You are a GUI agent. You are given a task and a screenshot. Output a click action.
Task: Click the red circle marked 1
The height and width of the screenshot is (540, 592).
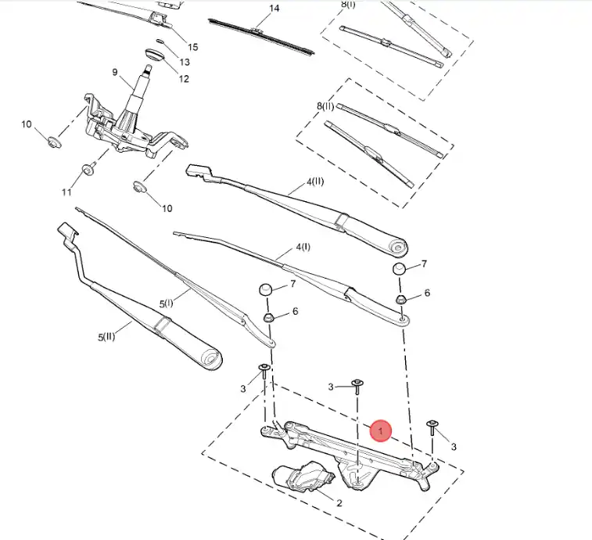point(381,430)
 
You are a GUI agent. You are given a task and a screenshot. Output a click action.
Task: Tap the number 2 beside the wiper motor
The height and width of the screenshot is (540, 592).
point(339,503)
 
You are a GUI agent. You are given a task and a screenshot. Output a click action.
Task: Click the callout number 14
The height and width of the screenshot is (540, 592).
point(274,8)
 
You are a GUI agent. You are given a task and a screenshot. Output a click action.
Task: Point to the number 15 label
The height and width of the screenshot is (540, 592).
point(192,47)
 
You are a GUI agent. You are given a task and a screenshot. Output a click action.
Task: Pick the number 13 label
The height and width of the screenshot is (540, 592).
point(185,62)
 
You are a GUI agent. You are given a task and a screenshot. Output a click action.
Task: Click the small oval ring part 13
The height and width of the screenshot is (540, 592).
point(160,41)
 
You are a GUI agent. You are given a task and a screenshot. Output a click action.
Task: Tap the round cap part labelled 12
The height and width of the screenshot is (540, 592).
point(155,55)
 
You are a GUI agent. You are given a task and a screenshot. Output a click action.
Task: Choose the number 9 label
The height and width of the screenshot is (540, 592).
point(115,72)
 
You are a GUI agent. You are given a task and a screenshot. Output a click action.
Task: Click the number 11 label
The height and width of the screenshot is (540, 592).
point(66,193)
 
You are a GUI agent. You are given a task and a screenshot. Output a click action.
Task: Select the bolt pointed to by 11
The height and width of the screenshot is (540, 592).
point(88,170)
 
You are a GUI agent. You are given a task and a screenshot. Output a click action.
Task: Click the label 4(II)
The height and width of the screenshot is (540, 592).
point(315,182)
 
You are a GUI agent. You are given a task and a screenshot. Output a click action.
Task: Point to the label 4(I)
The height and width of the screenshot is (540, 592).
point(303,247)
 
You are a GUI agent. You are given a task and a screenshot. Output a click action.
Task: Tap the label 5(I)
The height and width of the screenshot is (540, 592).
point(166,304)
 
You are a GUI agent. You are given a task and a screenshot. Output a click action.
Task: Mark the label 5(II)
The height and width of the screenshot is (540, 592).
point(106,337)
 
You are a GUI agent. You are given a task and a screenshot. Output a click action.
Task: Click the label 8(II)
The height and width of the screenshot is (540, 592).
point(325,106)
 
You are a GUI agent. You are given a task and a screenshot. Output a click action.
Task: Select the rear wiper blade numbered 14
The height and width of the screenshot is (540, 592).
point(261,37)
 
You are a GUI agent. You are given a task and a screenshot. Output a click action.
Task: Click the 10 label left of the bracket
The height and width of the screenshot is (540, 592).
point(27,124)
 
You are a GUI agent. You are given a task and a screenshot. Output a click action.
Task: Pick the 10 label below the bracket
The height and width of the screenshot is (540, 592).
point(167,208)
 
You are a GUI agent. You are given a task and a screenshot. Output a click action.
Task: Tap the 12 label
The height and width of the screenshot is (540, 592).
point(184,79)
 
